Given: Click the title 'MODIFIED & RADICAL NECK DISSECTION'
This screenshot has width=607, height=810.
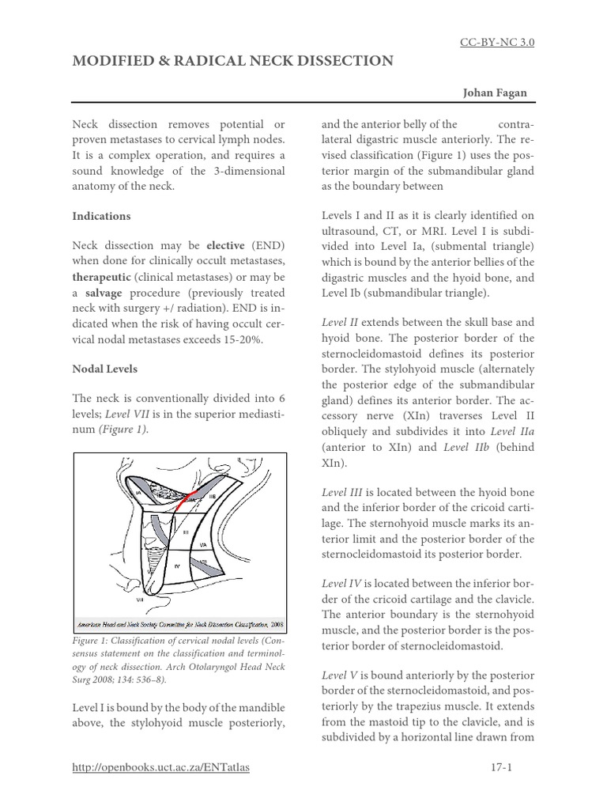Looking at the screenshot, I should (232, 61).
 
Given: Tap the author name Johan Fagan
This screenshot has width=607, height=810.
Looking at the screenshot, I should (495, 93).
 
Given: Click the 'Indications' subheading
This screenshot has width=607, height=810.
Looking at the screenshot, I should (101, 216).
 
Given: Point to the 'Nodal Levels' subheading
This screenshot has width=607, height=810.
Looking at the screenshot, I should (106, 369).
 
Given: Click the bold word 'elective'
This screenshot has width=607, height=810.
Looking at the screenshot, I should (225, 246).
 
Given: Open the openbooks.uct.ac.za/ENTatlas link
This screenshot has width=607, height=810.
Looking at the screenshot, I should (160, 767).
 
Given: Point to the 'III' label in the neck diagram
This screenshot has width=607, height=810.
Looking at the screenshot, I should (186, 532).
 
